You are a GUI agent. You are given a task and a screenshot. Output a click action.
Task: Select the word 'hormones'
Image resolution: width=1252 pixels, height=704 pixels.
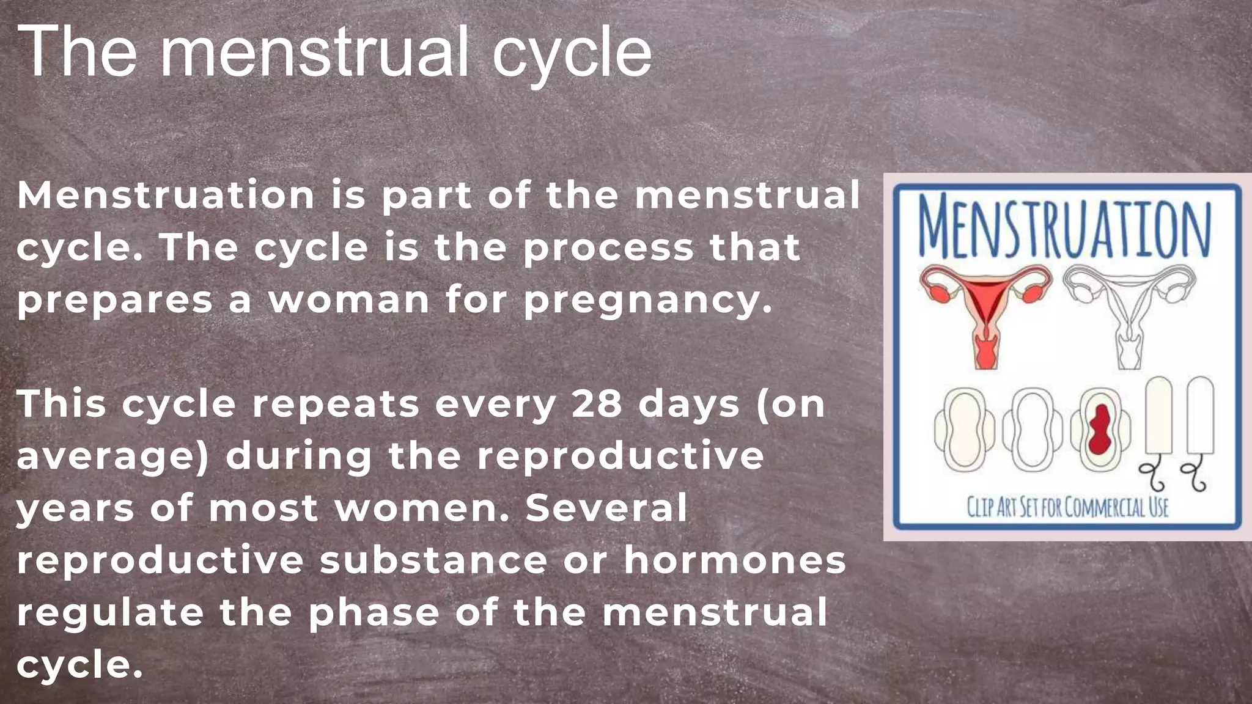click(x=735, y=560)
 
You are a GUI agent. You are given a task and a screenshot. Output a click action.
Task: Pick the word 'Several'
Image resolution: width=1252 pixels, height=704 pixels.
click(x=606, y=508)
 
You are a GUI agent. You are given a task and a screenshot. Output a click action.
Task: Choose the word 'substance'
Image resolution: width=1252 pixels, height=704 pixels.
click(x=433, y=560)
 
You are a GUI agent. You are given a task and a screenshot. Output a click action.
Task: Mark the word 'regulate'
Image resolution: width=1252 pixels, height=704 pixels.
click(x=110, y=613)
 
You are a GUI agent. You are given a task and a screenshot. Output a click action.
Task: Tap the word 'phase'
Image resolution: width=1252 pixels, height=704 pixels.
click(x=374, y=613)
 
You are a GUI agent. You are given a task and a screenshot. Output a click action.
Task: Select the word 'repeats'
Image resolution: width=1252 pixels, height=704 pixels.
click(x=336, y=405)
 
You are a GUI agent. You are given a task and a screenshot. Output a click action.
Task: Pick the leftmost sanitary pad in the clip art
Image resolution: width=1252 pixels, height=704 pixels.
click(x=964, y=430)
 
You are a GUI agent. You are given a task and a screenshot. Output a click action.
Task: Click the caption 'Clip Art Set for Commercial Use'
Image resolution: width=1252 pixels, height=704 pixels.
click(x=1067, y=507)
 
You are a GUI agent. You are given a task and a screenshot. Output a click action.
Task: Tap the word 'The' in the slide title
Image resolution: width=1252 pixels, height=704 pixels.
click(x=76, y=51)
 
